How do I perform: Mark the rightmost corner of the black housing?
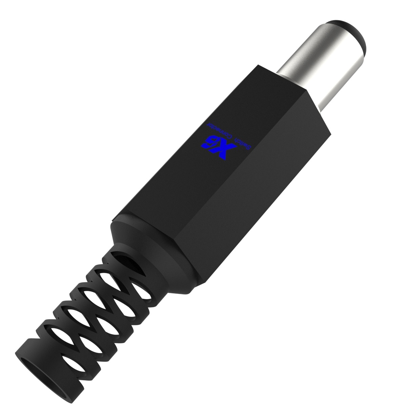click(331, 132)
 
